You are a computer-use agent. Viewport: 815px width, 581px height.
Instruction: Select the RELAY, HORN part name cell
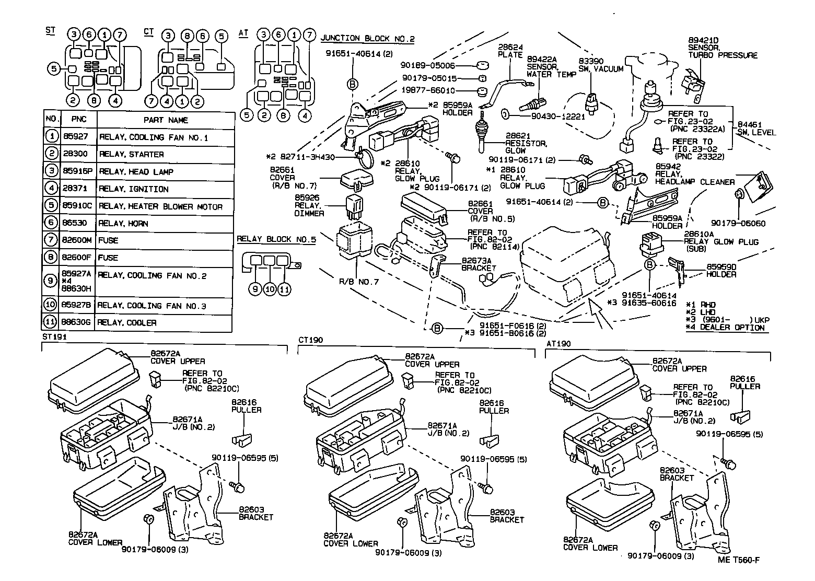(124, 224)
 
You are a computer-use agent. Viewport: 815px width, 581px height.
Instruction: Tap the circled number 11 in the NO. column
(51, 323)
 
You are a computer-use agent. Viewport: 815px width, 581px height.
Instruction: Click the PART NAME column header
(166, 120)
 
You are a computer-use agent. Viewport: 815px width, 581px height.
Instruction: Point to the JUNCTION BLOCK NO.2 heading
(367, 39)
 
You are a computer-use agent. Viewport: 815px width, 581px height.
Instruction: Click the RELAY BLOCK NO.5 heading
(276, 240)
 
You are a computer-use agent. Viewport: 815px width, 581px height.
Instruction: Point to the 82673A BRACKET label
(479, 264)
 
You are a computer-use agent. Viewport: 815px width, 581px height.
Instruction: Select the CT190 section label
(310, 340)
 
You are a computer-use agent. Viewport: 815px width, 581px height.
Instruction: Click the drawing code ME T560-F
(738, 560)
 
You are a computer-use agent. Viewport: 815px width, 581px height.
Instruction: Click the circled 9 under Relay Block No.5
(255, 289)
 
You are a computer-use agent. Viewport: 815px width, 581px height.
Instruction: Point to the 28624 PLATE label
(510, 51)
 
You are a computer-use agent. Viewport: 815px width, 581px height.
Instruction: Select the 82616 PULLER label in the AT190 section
(745, 383)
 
